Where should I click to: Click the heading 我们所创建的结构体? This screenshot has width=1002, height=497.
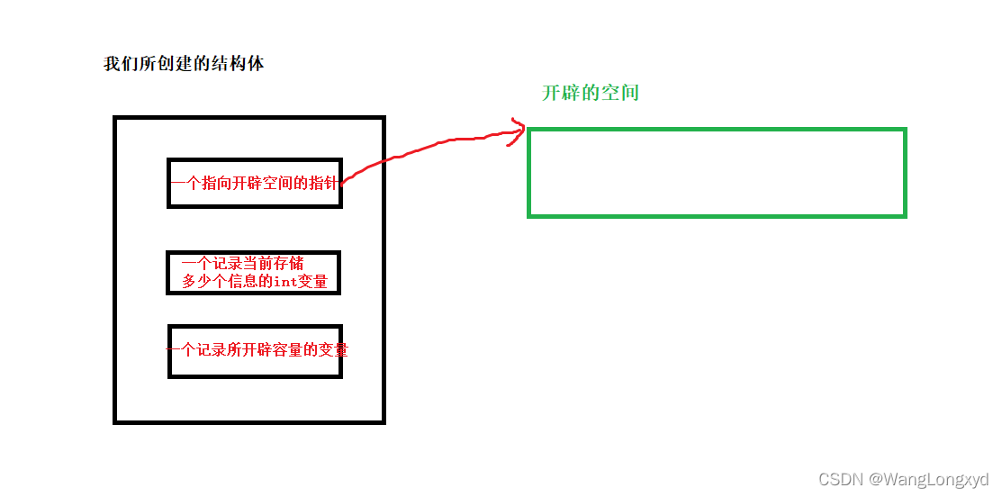pyautogui.click(x=184, y=65)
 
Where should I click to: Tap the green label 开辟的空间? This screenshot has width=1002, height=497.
pyautogui.click(x=591, y=93)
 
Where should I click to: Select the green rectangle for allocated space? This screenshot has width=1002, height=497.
pyautogui.click(x=717, y=173)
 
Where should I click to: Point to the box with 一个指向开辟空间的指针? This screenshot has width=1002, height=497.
pyautogui.click(x=254, y=183)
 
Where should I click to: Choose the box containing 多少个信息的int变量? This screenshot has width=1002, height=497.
pyautogui.click(x=254, y=273)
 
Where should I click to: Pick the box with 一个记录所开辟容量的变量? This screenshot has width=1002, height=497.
pyautogui.click(x=255, y=351)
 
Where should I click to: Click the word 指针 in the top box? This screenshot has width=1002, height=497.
pyautogui.click(x=323, y=183)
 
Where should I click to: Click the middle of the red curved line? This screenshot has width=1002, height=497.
pyautogui.click(x=423, y=149)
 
